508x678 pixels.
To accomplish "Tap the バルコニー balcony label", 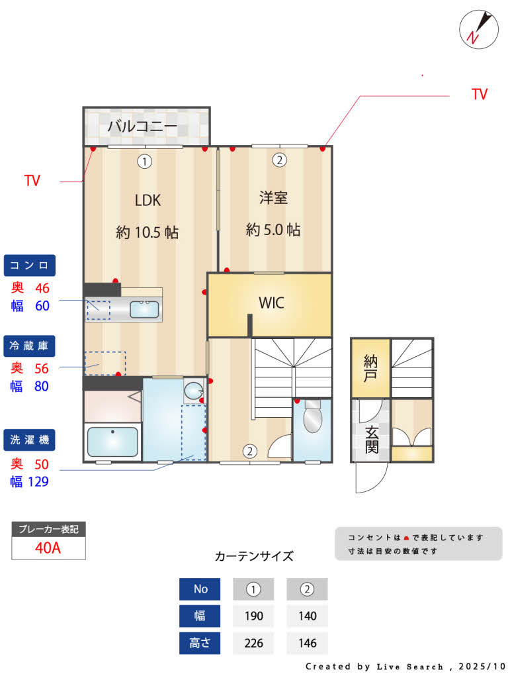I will [x=142, y=126].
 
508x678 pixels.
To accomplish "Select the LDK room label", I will [x=148, y=200].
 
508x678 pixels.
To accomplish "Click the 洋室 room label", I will [x=273, y=197].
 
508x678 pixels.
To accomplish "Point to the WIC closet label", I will [x=271, y=303].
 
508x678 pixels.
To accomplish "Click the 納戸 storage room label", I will [x=370, y=368].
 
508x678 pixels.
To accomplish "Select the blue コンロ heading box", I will [x=30, y=266].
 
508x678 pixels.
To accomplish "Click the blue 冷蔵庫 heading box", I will [x=30, y=346].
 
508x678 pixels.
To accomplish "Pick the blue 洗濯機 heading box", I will [x=30, y=440].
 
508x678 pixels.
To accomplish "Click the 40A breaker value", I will [x=48, y=548].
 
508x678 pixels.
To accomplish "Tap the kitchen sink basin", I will [x=144, y=309].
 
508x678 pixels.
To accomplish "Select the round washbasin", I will [x=193, y=391].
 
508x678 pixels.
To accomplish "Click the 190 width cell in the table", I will [x=253, y=616].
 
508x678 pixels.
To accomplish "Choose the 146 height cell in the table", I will [x=307, y=643].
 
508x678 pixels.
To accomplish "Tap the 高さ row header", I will [x=200, y=643].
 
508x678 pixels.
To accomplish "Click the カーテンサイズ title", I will [x=254, y=556].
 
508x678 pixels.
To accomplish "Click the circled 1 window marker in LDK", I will [x=145, y=160].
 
